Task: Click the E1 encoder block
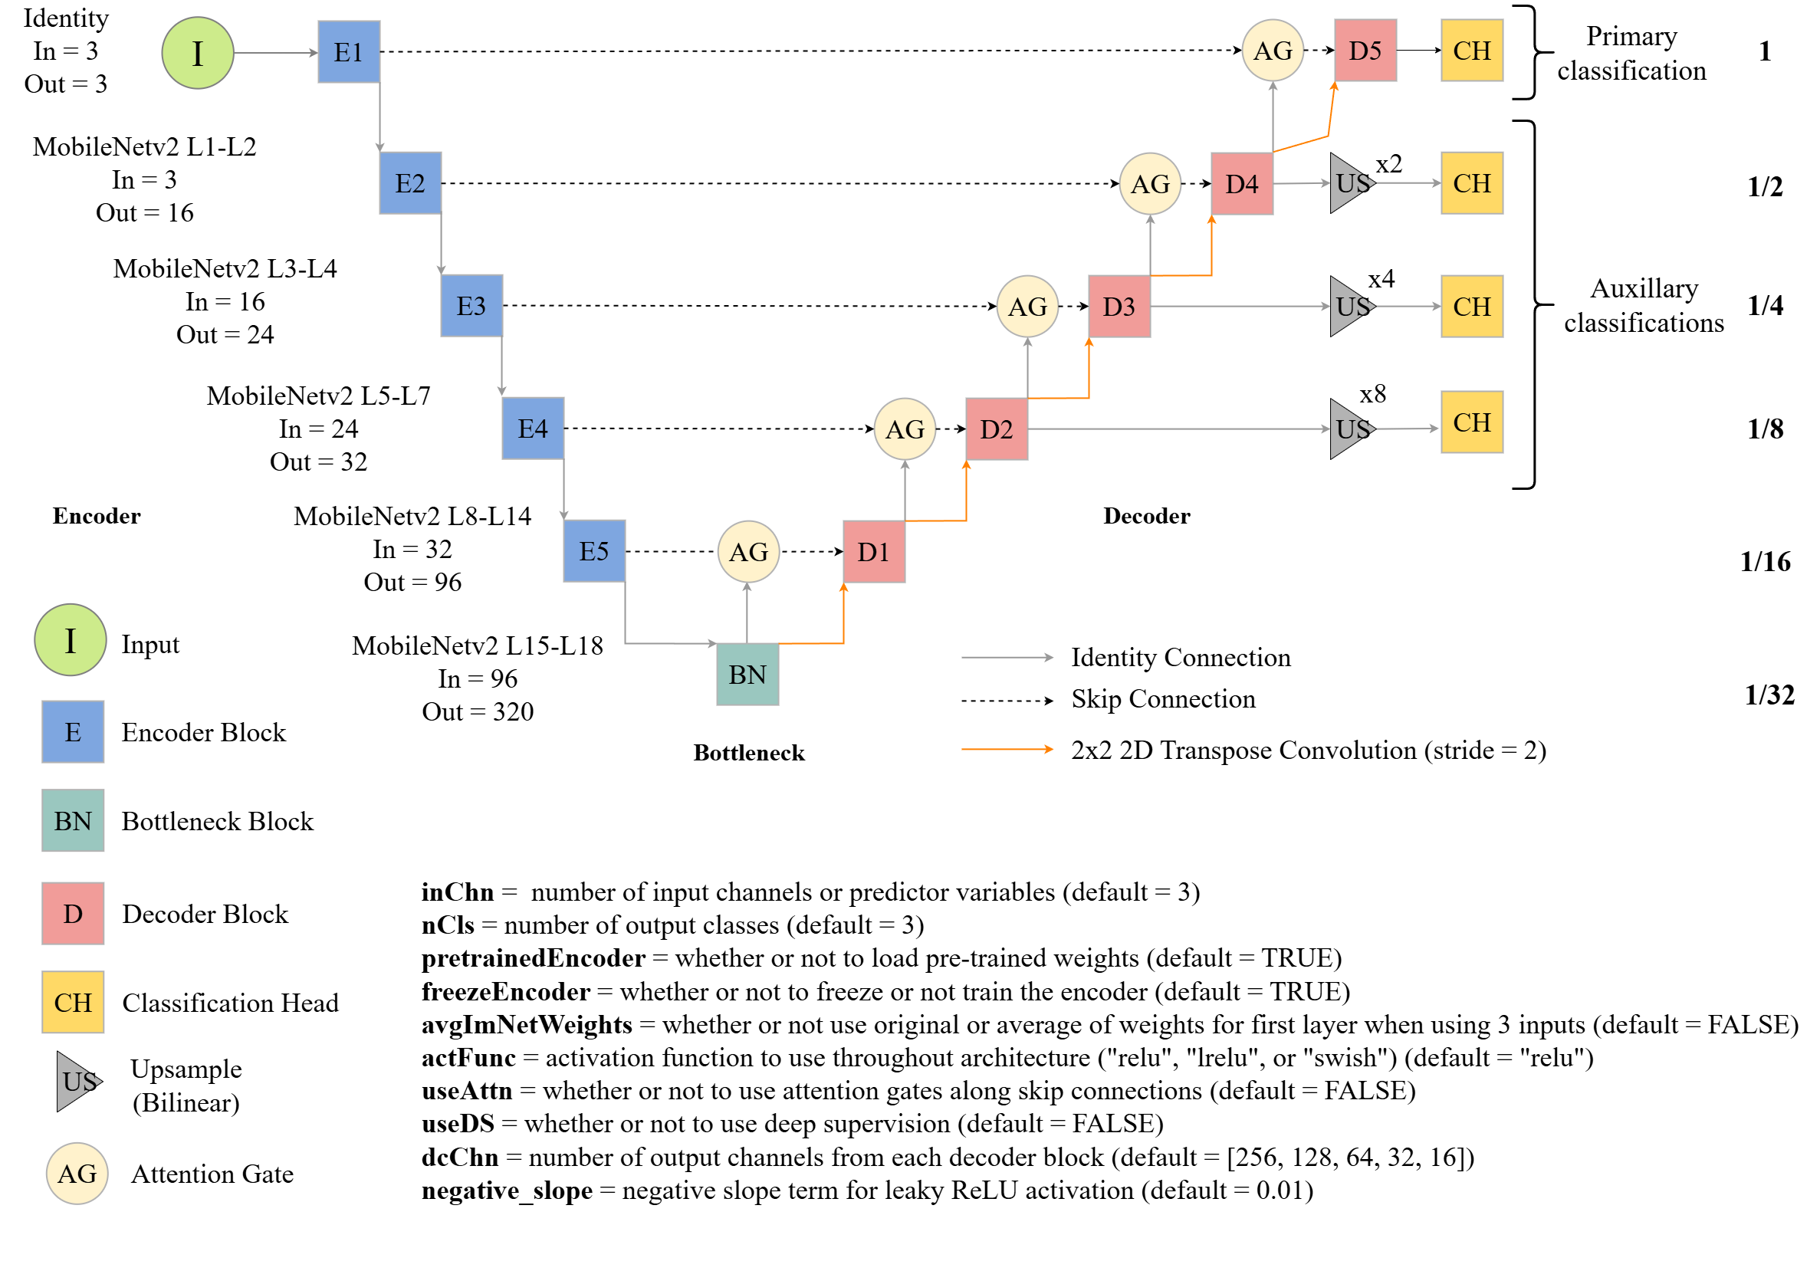[349, 52]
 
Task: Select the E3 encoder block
[471, 306]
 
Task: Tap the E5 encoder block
[593, 550]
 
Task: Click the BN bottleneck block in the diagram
[747, 675]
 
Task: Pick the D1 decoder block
[873, 551]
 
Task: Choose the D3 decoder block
[1119, 307]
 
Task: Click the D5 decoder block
[1365, 51]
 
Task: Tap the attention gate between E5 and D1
[748, 551]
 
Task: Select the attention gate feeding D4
[1150, 184]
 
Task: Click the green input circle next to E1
[197, 53]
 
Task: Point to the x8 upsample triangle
[1351, 429]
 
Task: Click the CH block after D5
[1472, 51]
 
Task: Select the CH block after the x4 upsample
[1472, 307]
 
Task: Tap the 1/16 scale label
[1766, 562]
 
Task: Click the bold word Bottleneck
[749, 753]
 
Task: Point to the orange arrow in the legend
[1007, 749]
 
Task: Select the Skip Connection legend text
[1163, 699]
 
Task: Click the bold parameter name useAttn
[467, 1090]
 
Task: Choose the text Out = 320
[477, 711]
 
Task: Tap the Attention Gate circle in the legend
[77, 1174]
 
